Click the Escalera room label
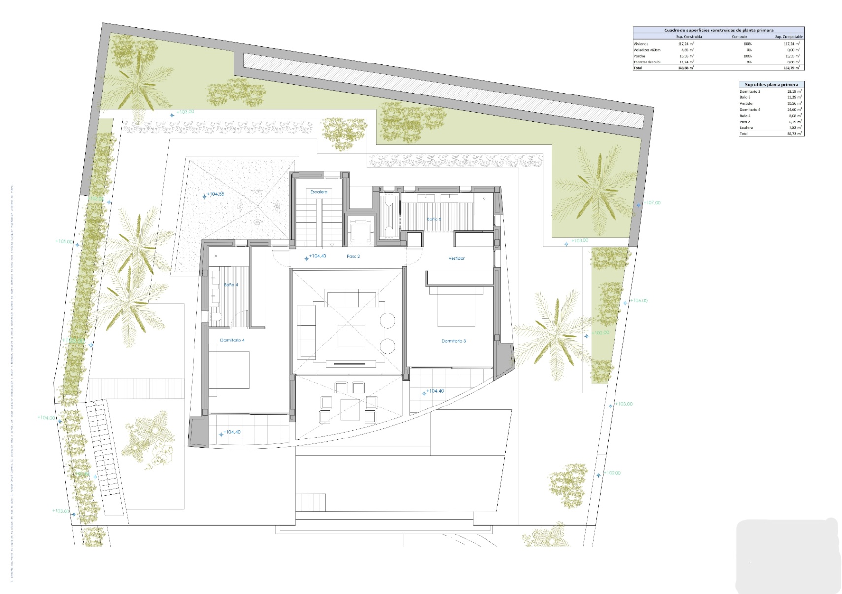coord(319,192)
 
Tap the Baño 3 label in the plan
coord(434,219)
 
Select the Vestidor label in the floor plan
coord(456,258)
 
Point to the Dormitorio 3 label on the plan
coord(453,341)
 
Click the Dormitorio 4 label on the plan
coord(232,340)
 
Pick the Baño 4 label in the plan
coord(230,285)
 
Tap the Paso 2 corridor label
coord(353,256)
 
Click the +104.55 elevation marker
coord(215,194)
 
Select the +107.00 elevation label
coord(652,203)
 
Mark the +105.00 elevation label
coord(64,242)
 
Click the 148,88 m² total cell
coord(685,68)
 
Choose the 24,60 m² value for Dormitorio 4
coord(795,110)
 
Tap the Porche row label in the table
coord(639,56)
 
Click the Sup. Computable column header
coord(788,37)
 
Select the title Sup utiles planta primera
coord(771,85)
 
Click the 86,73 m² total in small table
coord(794,134)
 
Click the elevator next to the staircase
coord(360,230)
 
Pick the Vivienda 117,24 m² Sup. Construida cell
coord(685,44)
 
